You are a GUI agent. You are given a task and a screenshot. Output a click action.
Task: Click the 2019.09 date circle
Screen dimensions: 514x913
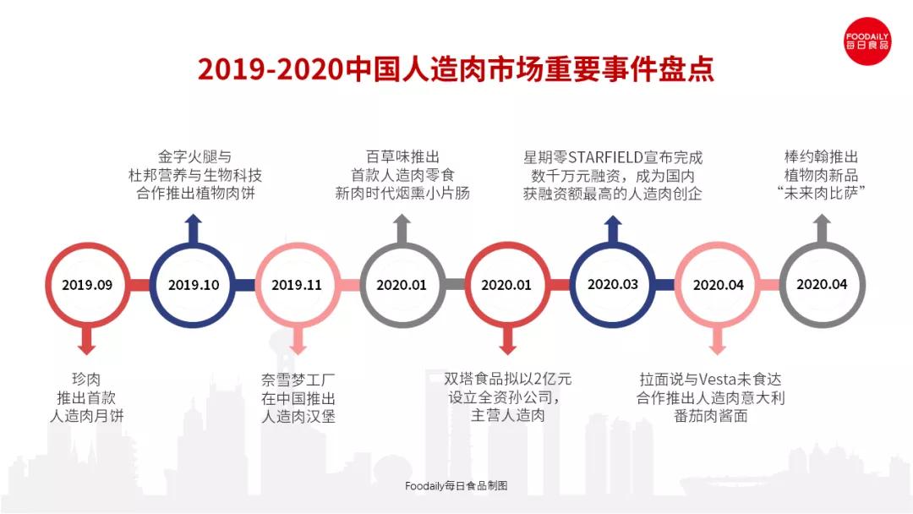pos(87,285)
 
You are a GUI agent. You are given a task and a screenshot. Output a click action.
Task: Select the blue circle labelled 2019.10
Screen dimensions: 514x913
pos(194,285)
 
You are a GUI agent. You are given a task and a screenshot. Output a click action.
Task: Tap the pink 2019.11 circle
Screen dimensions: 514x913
pos(297,285)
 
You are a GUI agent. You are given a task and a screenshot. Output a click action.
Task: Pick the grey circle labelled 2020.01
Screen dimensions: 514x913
pos(402,285)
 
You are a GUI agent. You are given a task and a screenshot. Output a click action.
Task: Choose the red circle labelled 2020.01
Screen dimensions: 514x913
pos(506,285)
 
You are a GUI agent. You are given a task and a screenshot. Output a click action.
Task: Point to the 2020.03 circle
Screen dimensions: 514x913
pos(613,285)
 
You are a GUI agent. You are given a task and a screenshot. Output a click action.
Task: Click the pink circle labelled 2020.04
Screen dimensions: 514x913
pos(718,285)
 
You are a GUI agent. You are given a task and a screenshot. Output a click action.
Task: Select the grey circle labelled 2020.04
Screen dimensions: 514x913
pos(822,285)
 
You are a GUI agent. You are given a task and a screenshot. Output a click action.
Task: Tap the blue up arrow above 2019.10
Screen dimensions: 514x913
pos(194,228)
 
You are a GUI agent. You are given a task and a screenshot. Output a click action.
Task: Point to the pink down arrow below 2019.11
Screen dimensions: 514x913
pos(297,341)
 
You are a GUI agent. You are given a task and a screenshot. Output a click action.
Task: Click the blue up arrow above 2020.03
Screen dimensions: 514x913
pos(613,228)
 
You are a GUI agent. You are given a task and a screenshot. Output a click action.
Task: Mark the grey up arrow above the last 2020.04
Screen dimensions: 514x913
pos(822,228)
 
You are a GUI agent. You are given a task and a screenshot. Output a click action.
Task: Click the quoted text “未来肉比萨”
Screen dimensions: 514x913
pos(822,194)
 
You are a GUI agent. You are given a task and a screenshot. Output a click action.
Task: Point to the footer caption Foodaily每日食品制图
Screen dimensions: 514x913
pos(456,486)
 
